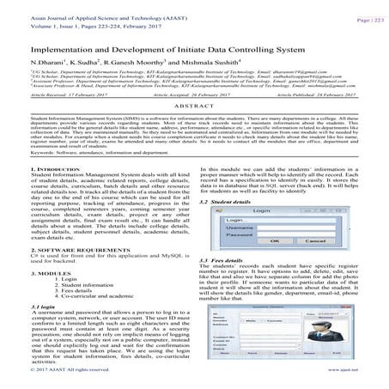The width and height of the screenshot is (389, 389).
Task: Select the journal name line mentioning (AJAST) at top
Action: (64, 5)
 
